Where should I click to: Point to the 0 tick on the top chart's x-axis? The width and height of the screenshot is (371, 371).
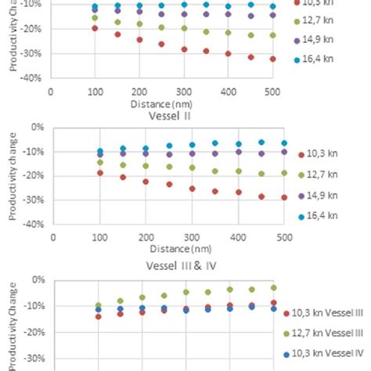tap(51, 91)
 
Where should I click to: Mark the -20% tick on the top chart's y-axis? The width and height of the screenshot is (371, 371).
tap(33, 28)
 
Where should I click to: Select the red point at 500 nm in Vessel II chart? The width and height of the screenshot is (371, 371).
tap(284, 197)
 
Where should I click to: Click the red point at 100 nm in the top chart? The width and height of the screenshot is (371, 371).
tap(95, 28)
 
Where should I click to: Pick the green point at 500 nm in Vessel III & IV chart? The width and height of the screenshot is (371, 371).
tap(273, 288)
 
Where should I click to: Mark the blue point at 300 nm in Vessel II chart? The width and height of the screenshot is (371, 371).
tap(192, 145)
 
